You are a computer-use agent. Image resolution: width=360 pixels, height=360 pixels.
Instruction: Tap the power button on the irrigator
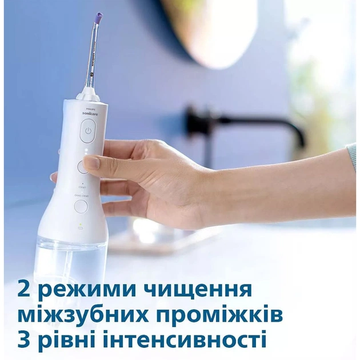click(87, 134)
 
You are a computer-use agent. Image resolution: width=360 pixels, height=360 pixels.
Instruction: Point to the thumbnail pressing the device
click(91, 162)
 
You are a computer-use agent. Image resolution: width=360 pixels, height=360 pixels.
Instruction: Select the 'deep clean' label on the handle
click(81, 196)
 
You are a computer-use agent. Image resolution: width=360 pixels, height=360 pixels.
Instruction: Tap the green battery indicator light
click(81, 223)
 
